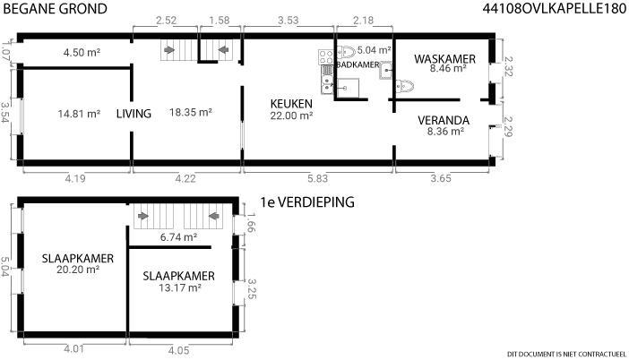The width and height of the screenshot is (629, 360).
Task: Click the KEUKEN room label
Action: point(291,104)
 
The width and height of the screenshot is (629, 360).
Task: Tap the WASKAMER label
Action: point(445,59)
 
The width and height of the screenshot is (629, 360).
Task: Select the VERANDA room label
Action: point(444,120)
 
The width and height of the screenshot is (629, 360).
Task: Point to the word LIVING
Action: point(134,114)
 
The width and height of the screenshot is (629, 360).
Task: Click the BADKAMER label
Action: point(358,64)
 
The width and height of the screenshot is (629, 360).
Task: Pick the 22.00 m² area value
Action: point(291,116)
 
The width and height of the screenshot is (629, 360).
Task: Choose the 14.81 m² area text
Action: point(79,114)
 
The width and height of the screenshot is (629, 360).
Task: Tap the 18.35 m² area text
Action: point(191,112)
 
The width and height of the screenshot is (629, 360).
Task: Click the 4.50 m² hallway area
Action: point(82,52)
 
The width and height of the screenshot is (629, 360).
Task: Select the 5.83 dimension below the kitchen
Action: point(318,178)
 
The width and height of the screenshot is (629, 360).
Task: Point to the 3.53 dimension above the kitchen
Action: point(289,20)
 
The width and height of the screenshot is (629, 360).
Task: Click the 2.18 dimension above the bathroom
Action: point(364,20)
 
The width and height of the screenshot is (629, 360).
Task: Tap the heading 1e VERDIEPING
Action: point(307,202)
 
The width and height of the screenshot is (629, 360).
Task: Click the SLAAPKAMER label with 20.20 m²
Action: point(78,258)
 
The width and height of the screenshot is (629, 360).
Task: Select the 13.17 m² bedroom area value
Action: point(180,287)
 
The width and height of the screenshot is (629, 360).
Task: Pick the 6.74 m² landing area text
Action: point(178,237)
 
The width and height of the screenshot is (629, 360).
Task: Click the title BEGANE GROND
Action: point(55,8)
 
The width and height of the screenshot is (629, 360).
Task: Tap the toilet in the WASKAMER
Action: point(405,86)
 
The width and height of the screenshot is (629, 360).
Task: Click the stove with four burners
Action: point(326,57)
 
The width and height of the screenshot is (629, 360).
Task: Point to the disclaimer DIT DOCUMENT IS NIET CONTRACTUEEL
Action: point(566,354)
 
